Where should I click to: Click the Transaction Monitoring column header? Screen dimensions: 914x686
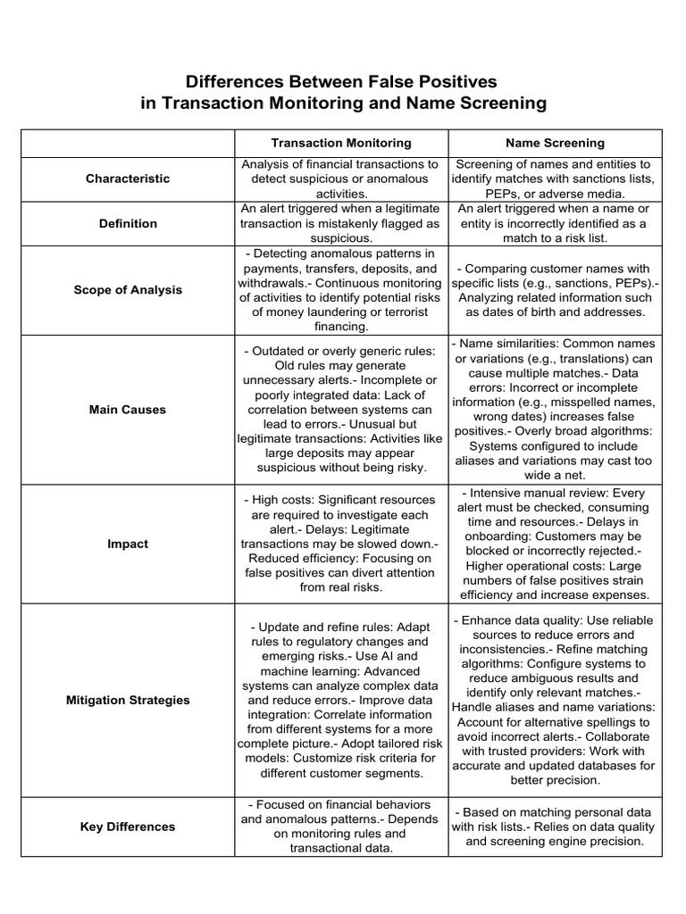coord(341,143)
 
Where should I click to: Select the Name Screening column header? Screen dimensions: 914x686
coord(555,143)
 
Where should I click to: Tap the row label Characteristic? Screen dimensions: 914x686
coord(128,179)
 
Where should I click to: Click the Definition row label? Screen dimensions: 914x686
coord(128,223)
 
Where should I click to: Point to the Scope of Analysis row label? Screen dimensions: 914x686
coord(128,290)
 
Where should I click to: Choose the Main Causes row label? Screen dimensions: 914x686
coord(128,410)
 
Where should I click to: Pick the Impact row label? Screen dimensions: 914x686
coord(128,544)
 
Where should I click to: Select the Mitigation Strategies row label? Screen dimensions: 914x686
coord(128,700)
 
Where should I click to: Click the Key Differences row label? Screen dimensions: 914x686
coord(128,827)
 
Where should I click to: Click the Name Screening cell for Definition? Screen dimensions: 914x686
coord(555,223)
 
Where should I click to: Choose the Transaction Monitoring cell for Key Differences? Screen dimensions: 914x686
coord(341,827)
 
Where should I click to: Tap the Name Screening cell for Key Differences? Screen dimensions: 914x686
coord(555,827)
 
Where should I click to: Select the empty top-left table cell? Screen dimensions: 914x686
coord(128,143)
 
